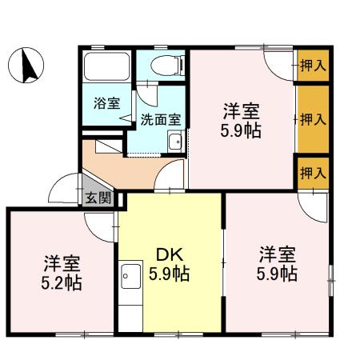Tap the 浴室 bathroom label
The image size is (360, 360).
(x=106, y=103)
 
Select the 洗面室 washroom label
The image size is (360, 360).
(x=160, y=119)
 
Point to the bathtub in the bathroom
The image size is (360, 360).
(x=107, y=67)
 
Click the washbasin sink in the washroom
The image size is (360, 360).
(x=174, y=142)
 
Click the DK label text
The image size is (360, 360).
(x=170, y=255)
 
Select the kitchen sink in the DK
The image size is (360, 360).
(x=129, y=280)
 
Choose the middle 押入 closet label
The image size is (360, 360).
(x=312, y=120)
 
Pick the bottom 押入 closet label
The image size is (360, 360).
(x=312, y=172)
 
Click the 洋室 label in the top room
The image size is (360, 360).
(x=241, y=110)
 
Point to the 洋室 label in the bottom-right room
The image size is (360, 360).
(x=277, y=255)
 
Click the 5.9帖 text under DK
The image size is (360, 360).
(x=170, y=274)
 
